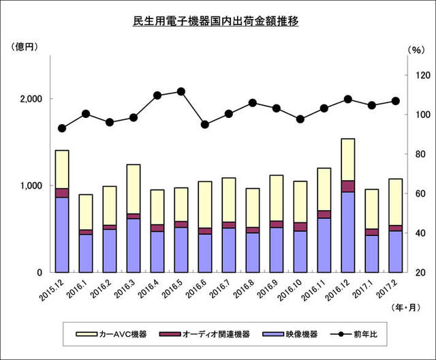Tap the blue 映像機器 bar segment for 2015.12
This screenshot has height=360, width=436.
pos(62,235)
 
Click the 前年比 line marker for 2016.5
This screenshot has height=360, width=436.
pos(181,91)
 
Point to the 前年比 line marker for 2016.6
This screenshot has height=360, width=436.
pos(205,125)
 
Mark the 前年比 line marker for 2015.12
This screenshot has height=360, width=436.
pos(62,128)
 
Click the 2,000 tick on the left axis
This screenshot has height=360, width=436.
pos(29,99)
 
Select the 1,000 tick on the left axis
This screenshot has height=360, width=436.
pos(29,185)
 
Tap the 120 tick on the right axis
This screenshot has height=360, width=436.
pos(417,75)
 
